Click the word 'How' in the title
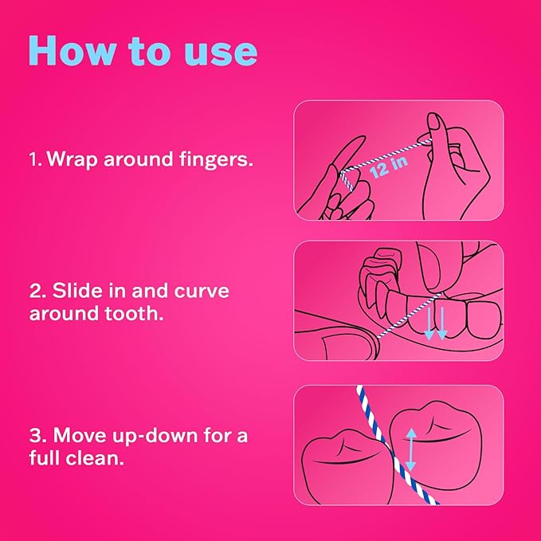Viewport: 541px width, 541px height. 72,50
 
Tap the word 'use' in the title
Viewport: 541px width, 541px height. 221,53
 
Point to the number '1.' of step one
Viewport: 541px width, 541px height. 36,159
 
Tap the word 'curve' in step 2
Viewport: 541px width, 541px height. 202,292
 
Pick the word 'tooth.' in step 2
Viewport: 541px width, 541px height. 134,313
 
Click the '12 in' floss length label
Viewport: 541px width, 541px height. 389,167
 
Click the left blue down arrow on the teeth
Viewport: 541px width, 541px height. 429,323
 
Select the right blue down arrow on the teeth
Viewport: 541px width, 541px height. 442,323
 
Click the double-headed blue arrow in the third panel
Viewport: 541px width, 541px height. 410,449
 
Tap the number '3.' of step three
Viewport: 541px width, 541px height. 38,435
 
